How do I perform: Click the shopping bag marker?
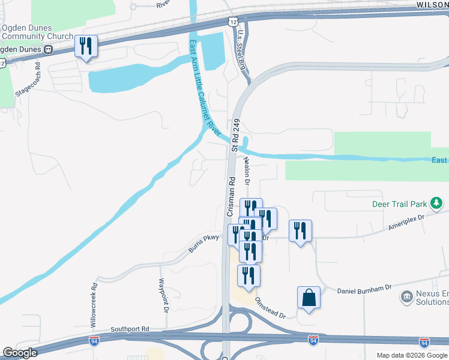(309, 298)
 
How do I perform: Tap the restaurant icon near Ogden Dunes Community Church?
(86, 46)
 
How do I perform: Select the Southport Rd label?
(130, 329)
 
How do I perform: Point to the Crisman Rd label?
(230, 196)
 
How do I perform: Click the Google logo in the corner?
(20, 353)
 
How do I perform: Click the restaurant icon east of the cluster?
(300, 231)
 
